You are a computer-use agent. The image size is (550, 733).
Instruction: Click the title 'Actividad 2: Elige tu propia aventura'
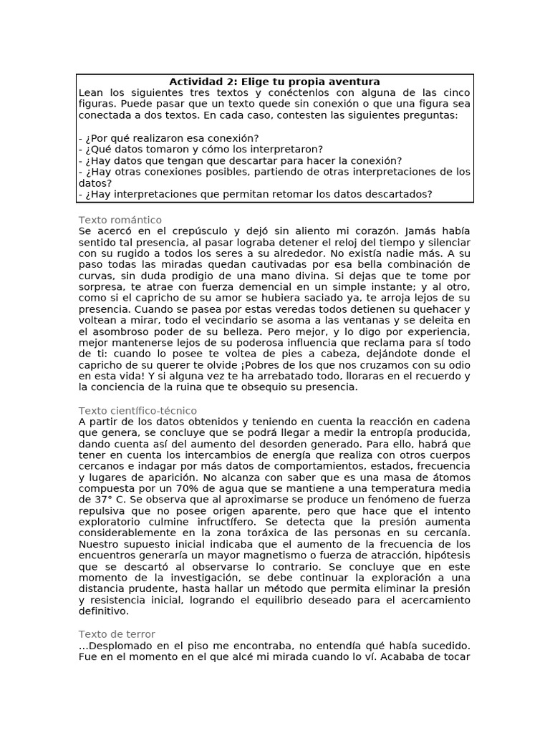(x=274, y=82)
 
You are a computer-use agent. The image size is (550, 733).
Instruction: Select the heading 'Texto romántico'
(x=120, y=220)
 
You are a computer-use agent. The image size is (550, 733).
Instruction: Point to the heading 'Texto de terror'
(x=117, y=634)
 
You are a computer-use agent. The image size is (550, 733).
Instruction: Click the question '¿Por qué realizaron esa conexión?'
(x=168, y=137)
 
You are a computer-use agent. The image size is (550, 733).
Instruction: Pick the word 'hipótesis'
(x=446, y=556)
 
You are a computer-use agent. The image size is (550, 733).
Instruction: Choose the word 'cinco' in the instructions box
(x=455, y=93)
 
